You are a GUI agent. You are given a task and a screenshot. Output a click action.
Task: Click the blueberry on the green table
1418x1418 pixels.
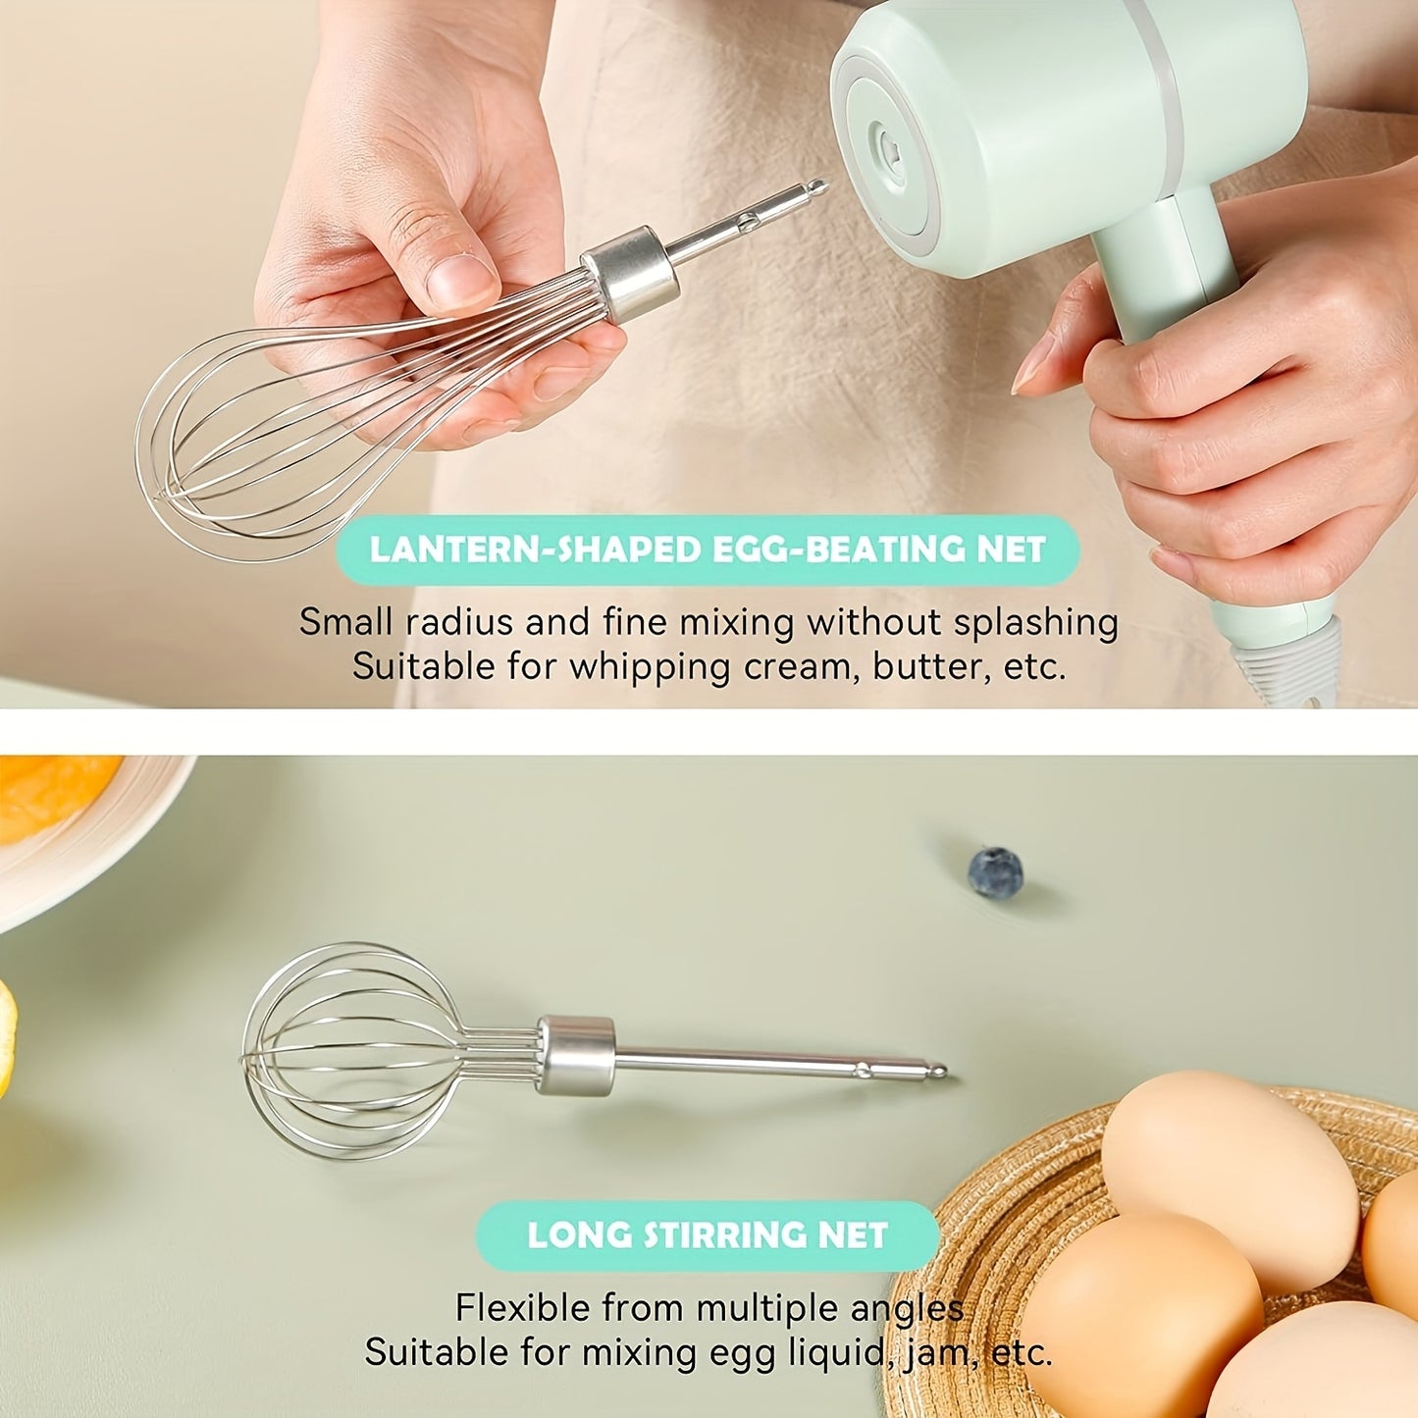[x=995, y=871]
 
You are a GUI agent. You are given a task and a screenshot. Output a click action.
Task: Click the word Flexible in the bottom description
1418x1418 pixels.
[x=523, y=1307]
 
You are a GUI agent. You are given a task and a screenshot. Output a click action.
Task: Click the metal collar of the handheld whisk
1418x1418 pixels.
[x=631, y=274]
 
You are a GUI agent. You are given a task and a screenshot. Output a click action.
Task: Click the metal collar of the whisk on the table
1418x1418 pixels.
[x=576, y=1054]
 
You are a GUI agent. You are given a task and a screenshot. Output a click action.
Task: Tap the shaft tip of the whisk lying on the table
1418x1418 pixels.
[x=937, y=1071]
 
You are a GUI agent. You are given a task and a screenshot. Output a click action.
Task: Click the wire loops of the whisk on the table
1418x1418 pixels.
[x=343, y=1050]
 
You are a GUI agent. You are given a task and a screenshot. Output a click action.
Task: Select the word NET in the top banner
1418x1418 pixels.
[x=1011, y=550]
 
